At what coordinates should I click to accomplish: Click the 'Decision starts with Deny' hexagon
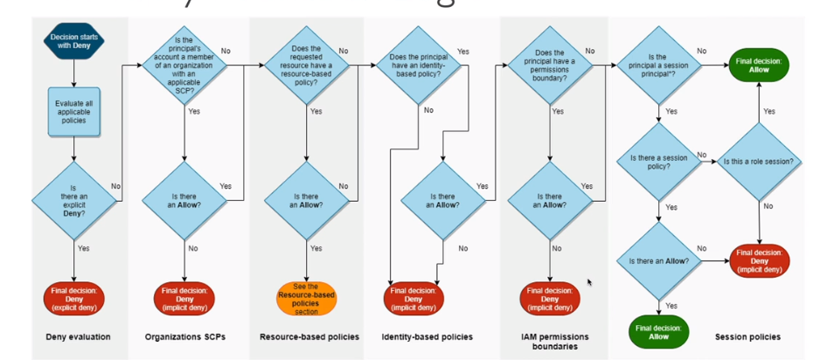pyautogui.click(x=73, y=41)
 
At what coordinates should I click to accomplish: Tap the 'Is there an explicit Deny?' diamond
pyautogui.click(x=73, y=198)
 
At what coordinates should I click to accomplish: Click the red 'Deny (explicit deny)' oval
pyautogui.click(x=73, y=297)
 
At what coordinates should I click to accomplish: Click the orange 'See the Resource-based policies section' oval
pyautogui.click(x=306, y=298)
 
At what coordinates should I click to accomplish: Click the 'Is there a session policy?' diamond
pyautogui.click(x=658, y=162)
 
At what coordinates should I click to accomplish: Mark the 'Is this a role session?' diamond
pyautogui.click(x=758, y=162)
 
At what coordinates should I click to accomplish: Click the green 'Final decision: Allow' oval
pyautogui.click(x=759, y=65)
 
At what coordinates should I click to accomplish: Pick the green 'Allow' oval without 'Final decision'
pyautogui.click(x=658, y=330)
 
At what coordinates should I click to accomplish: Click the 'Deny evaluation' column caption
pyautogui.click(x=73, y=336)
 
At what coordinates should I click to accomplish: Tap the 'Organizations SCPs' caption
pyautogui.click(x=184, y=336)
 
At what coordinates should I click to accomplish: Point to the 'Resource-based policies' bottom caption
pyautogui.click(x=309, y=336)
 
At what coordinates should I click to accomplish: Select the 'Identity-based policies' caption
pyautogui.click(x=427, y=336)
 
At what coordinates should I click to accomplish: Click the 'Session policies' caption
pyautogui.click(x=747, y=336)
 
